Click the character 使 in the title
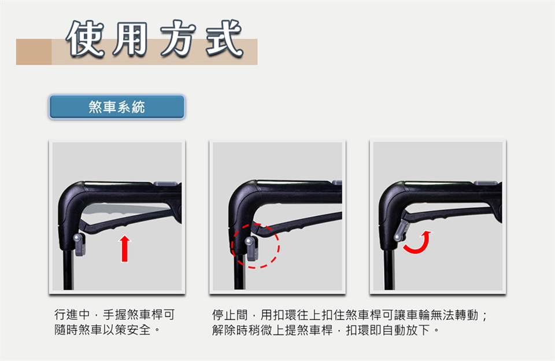(86, 39)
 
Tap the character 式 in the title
(224, 38)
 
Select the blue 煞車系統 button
(117, 106)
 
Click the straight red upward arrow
(124, 249)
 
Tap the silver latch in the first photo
(79, 245)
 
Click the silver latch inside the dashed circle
(251, 248)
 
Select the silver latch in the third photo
(401, 231)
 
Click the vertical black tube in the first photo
(68, 269)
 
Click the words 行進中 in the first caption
(72, 314)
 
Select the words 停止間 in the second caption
(230, 315)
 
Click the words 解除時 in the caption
(230, 330)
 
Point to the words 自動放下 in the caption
(406, 330)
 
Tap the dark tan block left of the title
(34, 51)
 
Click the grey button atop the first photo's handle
(165, 183)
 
